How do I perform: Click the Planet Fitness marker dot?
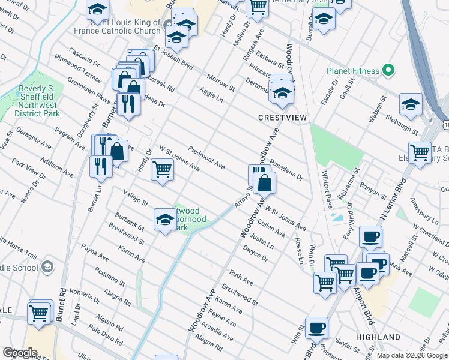coord(388,71)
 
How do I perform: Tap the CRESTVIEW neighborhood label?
coord(279,118)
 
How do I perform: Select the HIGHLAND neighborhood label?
coord(379,337)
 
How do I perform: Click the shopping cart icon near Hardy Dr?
coord(163,169)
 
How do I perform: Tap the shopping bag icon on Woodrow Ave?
coord(264,182)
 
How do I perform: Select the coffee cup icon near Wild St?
coord(316,328)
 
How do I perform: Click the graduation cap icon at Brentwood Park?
coord(165,219)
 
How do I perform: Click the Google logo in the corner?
coord(20,353)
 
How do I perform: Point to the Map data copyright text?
coord(412,355)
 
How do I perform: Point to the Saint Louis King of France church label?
coord(117,26)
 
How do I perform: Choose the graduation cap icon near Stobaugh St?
coord(411,104)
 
